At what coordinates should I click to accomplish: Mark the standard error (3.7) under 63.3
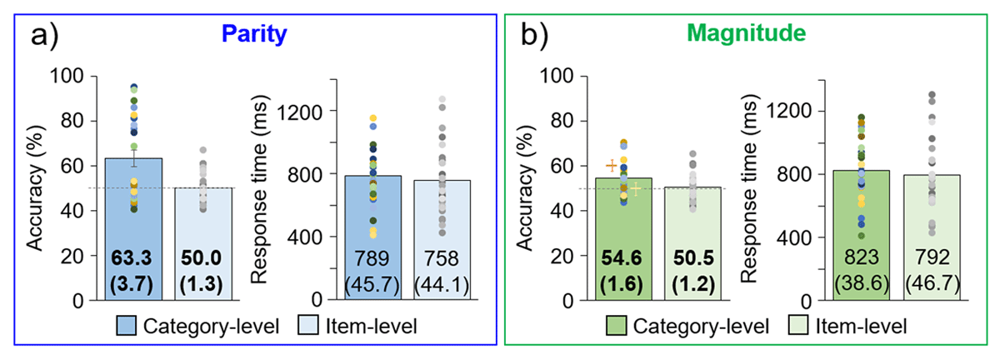(133, 282)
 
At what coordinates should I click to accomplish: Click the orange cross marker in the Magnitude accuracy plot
(612, 166)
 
